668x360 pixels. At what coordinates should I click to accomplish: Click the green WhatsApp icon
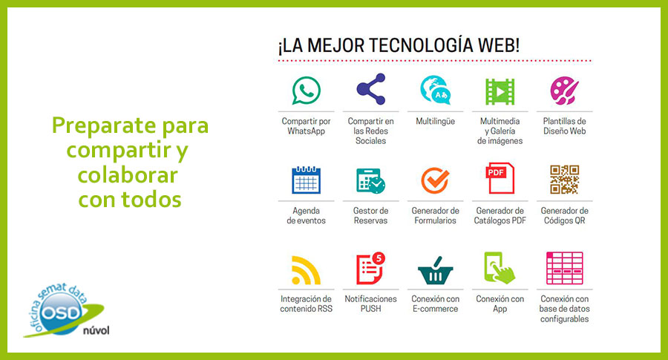306,91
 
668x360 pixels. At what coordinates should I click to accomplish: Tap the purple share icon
370,89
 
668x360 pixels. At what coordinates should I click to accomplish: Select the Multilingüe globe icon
435,90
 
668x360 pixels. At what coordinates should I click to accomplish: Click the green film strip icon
500,91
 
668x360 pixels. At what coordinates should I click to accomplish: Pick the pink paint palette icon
564,91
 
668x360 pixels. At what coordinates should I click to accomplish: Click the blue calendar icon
306,180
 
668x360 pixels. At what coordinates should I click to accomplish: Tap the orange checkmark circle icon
435,180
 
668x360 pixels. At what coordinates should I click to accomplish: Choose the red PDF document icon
500,178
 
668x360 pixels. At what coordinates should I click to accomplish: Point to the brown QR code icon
564,180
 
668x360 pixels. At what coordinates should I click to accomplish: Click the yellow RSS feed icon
306,270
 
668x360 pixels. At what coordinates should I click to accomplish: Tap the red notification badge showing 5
379,258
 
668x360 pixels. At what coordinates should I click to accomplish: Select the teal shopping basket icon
435,271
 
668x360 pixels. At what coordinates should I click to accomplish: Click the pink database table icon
565,268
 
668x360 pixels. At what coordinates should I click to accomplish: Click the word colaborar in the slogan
128,175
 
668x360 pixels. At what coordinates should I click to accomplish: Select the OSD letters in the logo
62,313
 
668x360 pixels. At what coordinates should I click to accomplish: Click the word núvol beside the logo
96,330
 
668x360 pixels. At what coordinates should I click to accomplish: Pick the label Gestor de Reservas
370,215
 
